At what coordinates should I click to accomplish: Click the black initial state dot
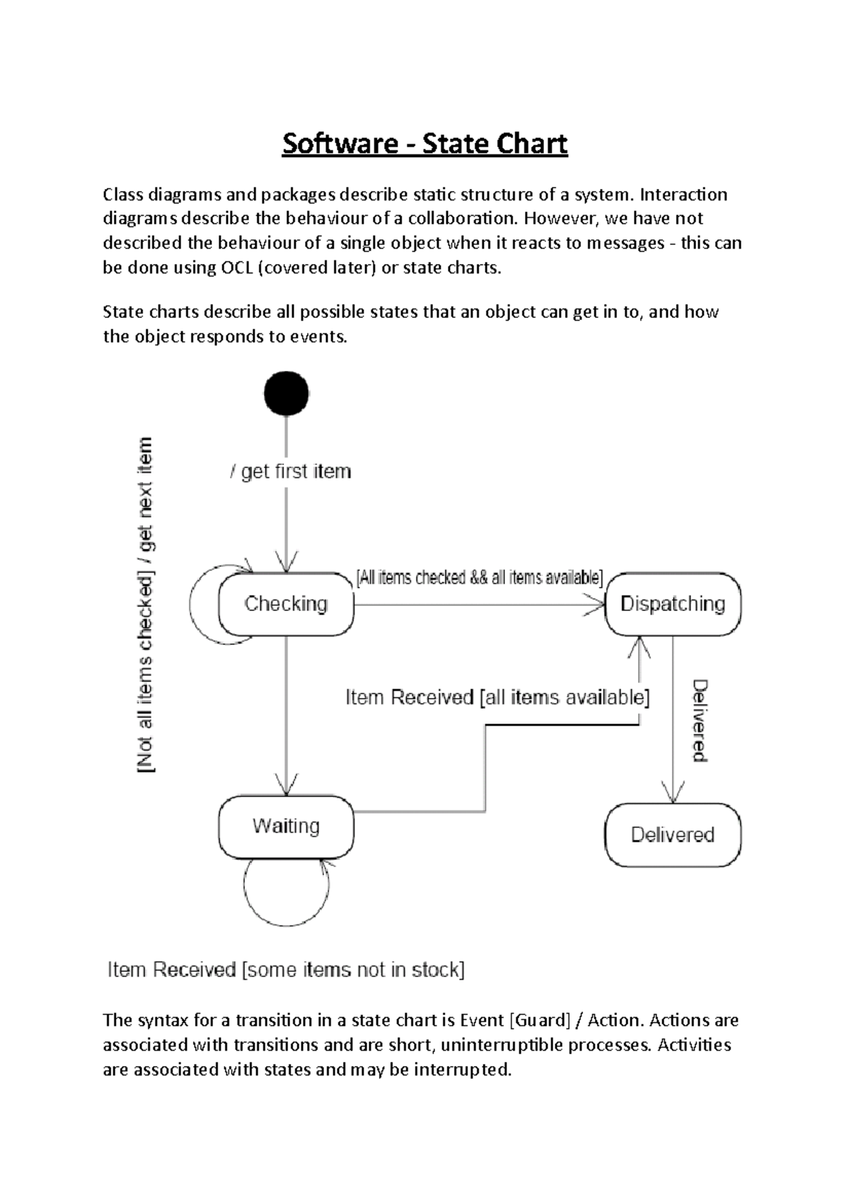point(287,394)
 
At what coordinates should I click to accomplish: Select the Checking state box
point(286,604)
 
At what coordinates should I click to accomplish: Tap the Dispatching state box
point(673,604)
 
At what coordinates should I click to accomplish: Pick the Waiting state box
point(286,827)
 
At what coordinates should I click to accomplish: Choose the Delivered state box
point(673,835)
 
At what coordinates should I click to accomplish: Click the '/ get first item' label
point(291,471)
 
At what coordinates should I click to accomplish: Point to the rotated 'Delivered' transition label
point(700,720)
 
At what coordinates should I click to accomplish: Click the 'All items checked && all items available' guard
point(479,578)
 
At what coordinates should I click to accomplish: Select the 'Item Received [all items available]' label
point(497,698)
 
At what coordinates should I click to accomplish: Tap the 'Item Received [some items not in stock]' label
point(286,970)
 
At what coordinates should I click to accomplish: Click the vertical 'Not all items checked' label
point(144,605)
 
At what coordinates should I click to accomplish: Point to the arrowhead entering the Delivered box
point(672,795)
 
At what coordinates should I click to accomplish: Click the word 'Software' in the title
point(340,144)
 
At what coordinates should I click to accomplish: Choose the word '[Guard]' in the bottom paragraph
point(539,1020)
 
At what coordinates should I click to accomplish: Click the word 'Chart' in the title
point(532,144)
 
